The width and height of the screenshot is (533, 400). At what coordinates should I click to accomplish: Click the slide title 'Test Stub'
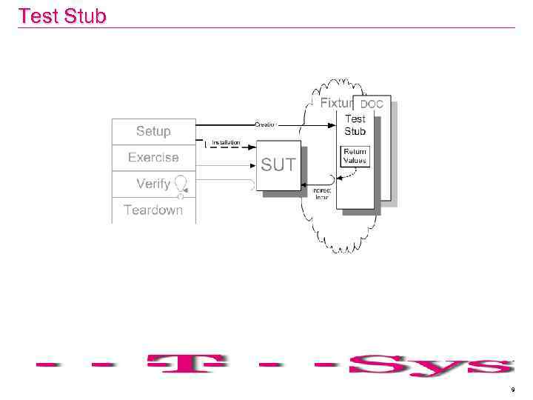pyautogui.click(x=62, y=16)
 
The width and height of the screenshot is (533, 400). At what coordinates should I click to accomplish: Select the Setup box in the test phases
pyautogui.click(x=153, y=131)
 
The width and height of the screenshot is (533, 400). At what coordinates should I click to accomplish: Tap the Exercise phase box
pyautogui.click(x=153, y=157)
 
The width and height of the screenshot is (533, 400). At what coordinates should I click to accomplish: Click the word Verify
pyautogui.click(x=153, y=184)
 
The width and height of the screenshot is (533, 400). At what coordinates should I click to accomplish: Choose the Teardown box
pyautogui.click(x=153, y=210)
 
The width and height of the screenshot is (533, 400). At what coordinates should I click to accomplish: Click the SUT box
pyautogui.click(x=278, y=165)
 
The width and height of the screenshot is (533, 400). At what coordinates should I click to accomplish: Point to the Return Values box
pyautogui.click(x=354, y=156)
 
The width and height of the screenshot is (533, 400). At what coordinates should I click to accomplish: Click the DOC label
pyautogui.click(x=372, y=104)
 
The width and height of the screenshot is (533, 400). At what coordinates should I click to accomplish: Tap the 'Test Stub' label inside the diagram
pyautogui.click(x=355, y=124)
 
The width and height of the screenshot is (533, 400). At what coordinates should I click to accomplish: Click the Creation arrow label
pyautogui.click(x=265, y=124)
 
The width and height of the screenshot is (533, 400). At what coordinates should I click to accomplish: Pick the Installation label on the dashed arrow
pyautogui.click(x=226, y=142)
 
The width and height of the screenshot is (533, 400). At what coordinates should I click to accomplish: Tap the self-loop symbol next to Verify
pyautogui.click(x=180, y=184)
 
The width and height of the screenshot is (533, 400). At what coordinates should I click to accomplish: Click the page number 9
pyautogui.click(x=512, y=389)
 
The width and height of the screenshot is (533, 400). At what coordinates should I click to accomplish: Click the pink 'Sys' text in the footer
pyautogui.click(x=429, y=365)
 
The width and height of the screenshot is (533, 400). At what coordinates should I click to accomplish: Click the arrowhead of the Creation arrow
pyautogui.click(x=334, y=124)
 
